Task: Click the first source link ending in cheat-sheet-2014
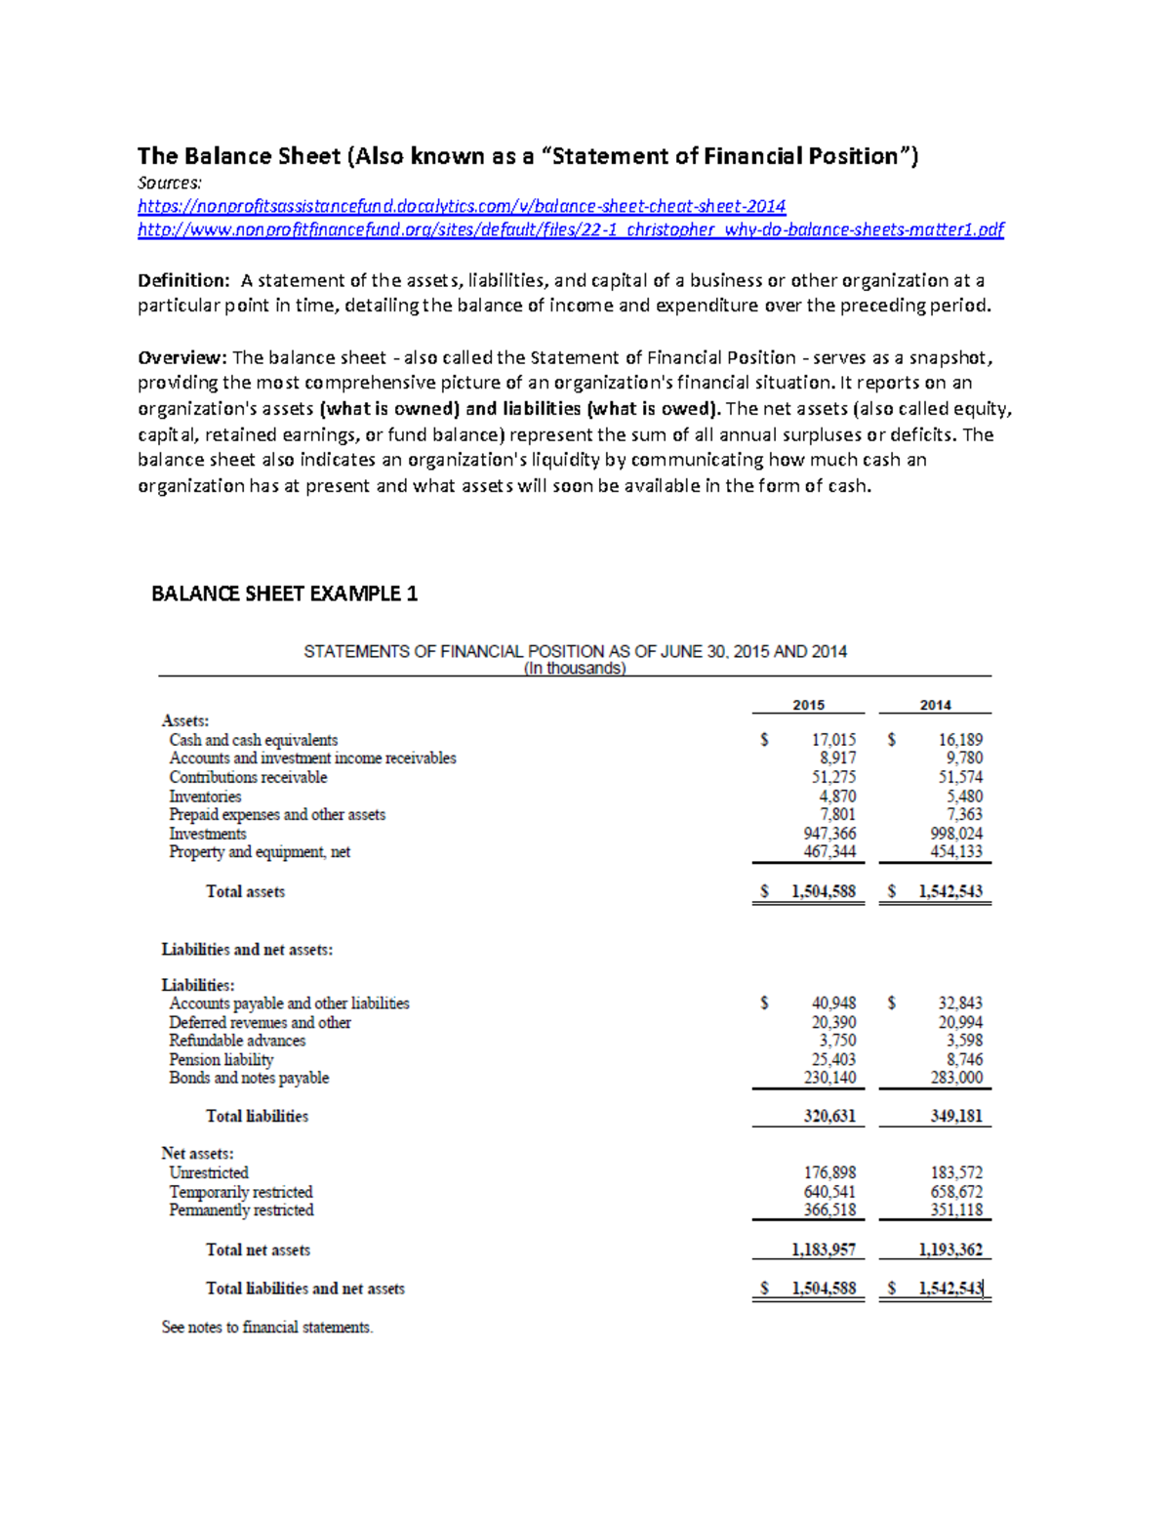[461, 206]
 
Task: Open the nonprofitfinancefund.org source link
[570, 229]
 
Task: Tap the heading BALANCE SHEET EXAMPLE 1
[284, 594]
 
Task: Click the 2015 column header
[808, 705]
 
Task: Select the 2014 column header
[935, 705]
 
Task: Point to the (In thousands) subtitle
[575, 669]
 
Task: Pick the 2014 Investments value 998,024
[956, 834]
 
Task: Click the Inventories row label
[205, 797]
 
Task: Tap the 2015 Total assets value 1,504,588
[823, 891]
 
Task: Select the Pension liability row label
[222, 1060]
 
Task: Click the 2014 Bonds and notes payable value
[956, 1078]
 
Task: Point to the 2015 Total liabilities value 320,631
[829, 1116]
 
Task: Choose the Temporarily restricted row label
[241, 1192]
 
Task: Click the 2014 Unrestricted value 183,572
[956, 1172]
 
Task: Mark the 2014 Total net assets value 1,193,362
[949, 1250]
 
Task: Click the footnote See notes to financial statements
[267, 1328]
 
